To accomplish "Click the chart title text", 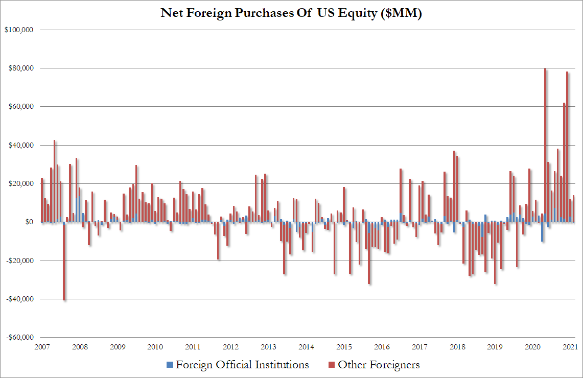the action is [x=291, y=13].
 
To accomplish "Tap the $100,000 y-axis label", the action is [x=19, y=30].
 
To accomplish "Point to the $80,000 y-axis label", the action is [x=21, y=68].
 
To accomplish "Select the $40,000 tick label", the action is [x=21, y=145].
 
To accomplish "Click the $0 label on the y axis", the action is [x=29, y=222].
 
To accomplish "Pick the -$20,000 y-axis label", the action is [x=20, y=261].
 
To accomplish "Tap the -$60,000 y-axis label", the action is [x=20, y=338].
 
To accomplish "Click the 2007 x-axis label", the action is [x=42, y=347].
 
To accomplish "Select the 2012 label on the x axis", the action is [x=230, y=347].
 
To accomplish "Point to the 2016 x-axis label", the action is [x=382, y=347].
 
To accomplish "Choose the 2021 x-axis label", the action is [x=570, y=347].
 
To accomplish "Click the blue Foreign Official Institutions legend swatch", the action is [x=170, y=365].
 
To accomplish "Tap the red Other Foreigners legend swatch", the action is [x=332, y=365].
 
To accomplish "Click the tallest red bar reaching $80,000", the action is [x=545, y=145].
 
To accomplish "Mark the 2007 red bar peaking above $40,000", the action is [x=55, y=181].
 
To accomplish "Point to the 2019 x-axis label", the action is [x=495, y=347].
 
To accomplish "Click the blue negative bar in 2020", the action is [x=542, y=232].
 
